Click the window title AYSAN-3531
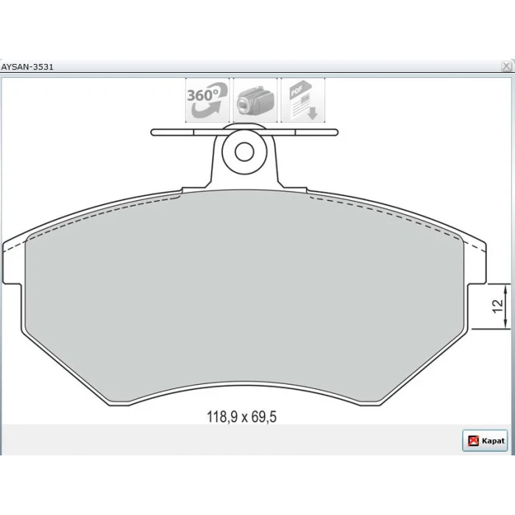pyautogui.click(x=27, y=67)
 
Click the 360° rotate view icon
pyautogui.click(x=207, y=100)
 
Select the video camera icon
pyautogui.click(x=255, y=100)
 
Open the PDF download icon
pyautogui.click(x=303, y=100)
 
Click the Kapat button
pyautogui.click(x=485, y=441)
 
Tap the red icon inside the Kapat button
pyautogui.click(x=473, y=441)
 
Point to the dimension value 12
pyautogui.click(x=498, y=306)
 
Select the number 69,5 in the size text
pyautogui.click(x=264, y=417)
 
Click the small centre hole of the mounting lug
pyautogui.click(x=244, y=152)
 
